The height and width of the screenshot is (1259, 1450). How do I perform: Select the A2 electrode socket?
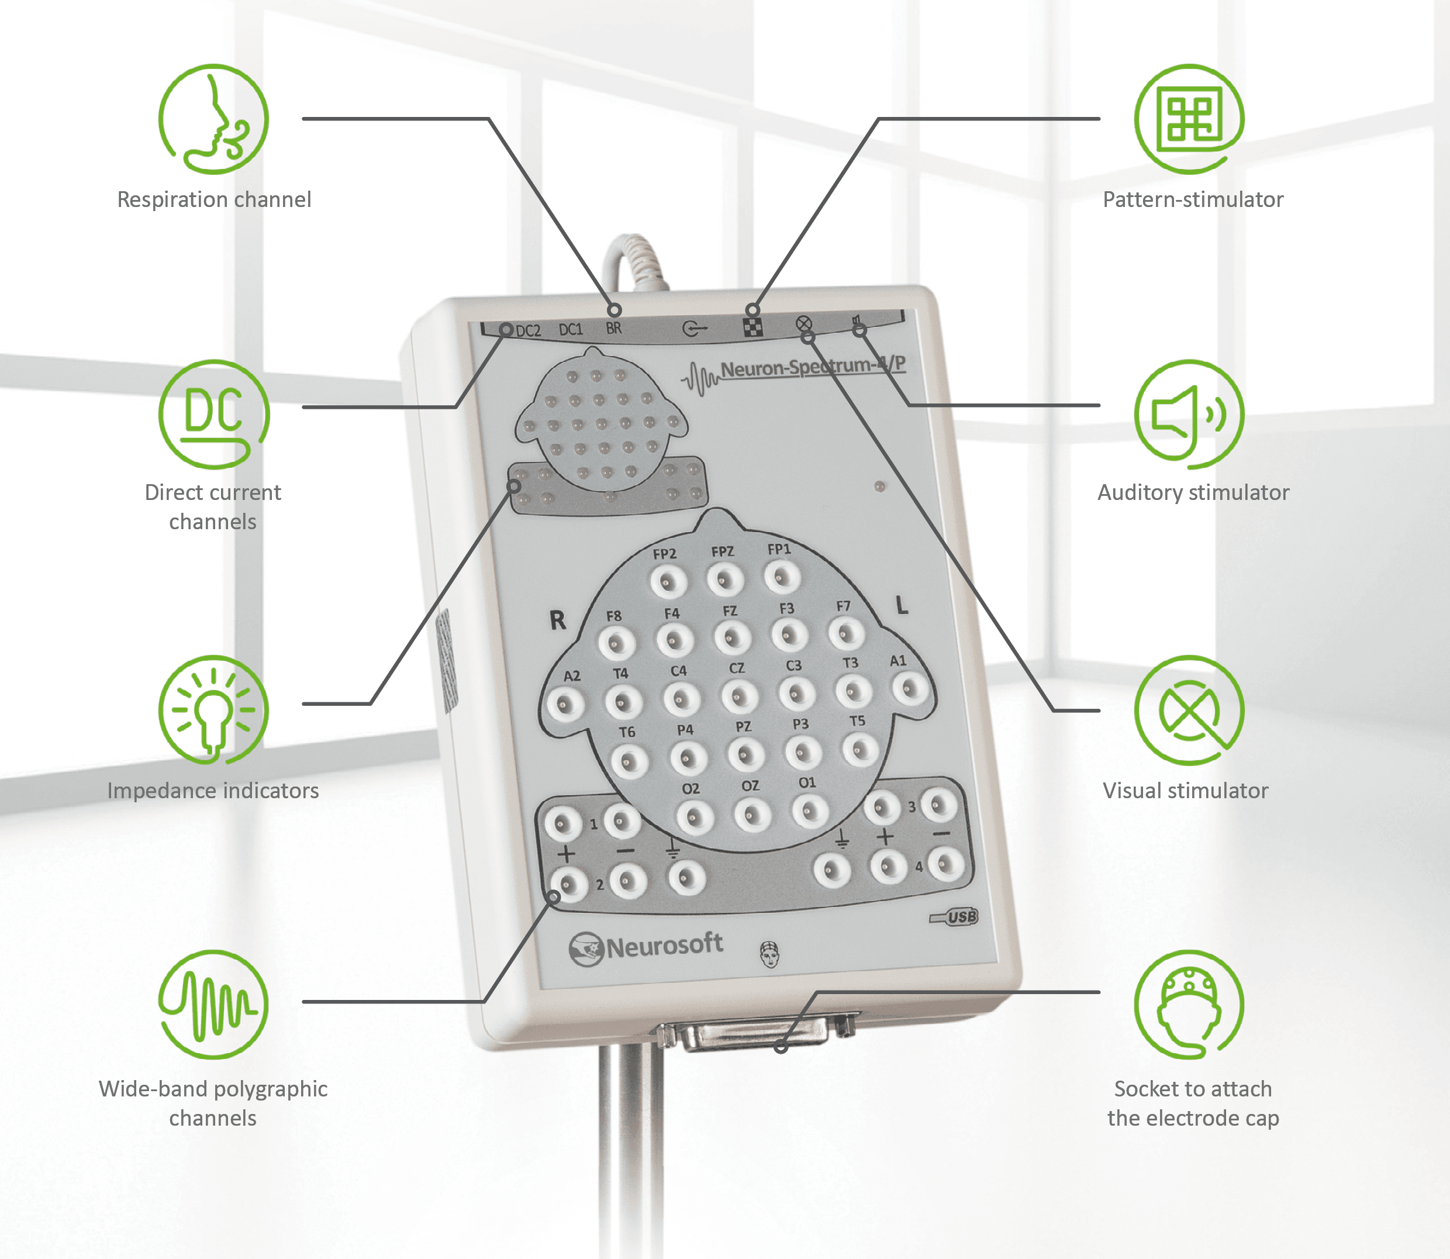click(565, 705)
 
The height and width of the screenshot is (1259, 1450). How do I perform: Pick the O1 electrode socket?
click(810, 812)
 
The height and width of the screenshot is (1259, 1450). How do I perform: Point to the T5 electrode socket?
click(861, 750)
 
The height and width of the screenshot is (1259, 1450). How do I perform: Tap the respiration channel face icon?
click(213, 119)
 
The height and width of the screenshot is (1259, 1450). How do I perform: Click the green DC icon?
click(213, 415)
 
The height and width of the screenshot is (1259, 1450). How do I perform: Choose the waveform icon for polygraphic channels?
click(213, 1005)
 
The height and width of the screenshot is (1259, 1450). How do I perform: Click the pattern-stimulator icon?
click(1189, 119)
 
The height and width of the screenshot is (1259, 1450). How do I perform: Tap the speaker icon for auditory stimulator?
click(1189, 415)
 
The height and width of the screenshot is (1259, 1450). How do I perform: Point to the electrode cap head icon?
click(1189, 1005)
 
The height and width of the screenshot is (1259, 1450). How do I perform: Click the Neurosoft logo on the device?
click(645, 947)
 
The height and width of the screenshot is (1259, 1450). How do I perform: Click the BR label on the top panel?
click(614, 328)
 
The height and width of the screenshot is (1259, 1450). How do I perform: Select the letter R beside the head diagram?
click(557, 620)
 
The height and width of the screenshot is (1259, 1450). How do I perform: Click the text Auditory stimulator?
click(1193, 492)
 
